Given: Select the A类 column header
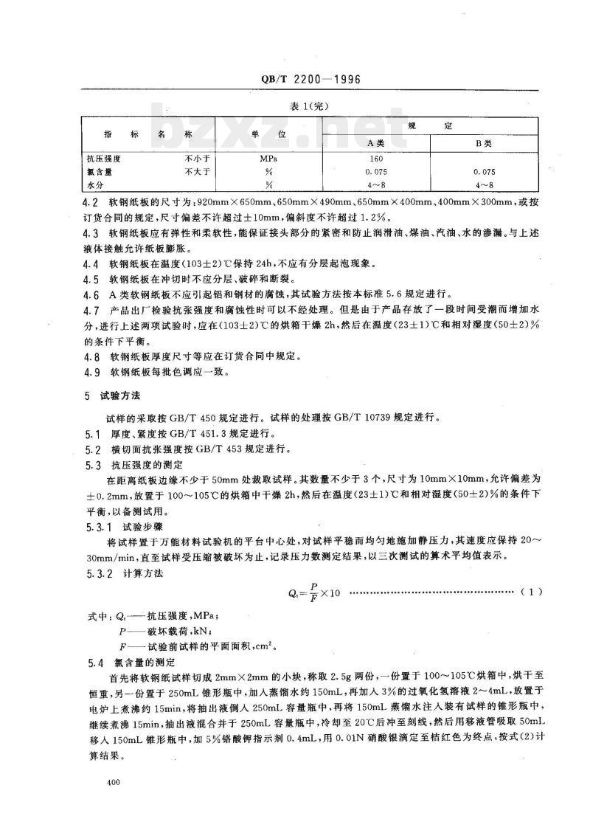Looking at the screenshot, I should pyautogui.click(x=376, y=143).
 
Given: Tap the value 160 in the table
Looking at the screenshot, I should pyautogui.click(x=376, y=159).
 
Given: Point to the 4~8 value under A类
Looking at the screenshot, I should pyautogui.click(x=376, y=184).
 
